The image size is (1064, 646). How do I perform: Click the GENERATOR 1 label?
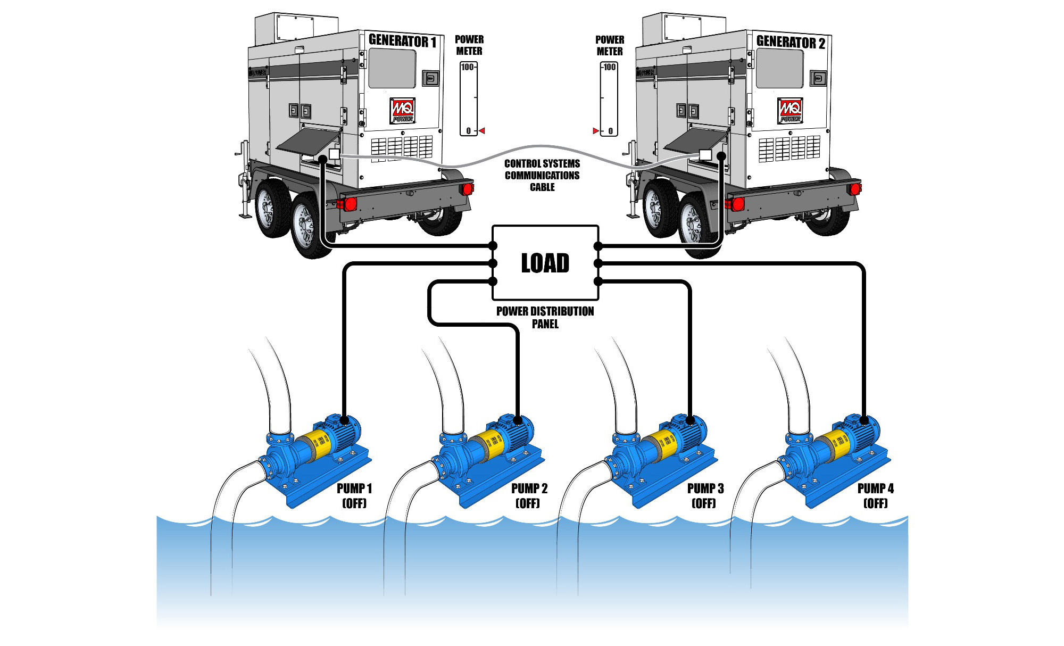tap(402, 41)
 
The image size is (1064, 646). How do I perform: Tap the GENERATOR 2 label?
tap(791, 42)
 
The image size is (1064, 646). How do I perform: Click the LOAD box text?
tap(545, 263)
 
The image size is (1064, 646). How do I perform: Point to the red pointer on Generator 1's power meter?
tap(482, 130)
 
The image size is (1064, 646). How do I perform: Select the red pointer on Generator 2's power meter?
tap(595, 130)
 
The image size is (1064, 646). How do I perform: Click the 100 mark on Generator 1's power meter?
tap(467, 67)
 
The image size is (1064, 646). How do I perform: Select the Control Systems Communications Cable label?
tap(542, 175)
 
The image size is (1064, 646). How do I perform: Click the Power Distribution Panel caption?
tap(545, 317)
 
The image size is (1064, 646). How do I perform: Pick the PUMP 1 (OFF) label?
tap(354, 495)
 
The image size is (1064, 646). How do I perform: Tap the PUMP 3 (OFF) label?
tap(705, 495)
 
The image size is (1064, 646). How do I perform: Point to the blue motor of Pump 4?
tap(862, 431)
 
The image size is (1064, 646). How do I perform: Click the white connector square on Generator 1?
tap(334, 154)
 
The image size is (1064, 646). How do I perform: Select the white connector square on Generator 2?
tap(705, 154)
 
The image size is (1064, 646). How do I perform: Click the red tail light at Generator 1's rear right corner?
tap(468, 188)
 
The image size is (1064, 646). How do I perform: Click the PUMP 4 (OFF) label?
tap(875, 495)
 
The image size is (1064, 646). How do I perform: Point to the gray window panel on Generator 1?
tap(392, 68)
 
